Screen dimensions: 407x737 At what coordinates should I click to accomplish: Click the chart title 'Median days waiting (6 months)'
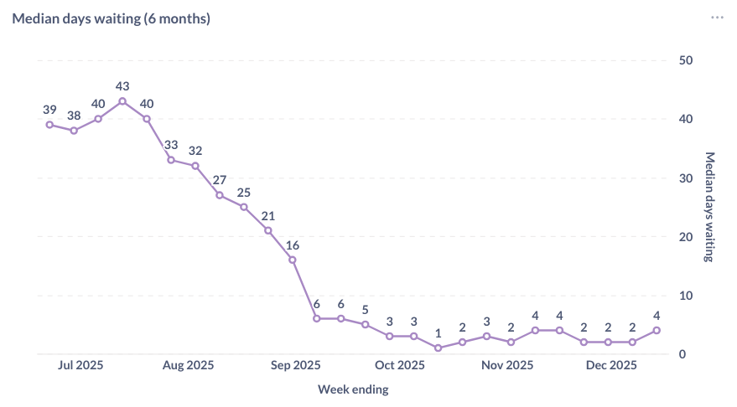(x=111, y=18)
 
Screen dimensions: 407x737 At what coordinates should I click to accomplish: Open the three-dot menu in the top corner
(x=717, y=18)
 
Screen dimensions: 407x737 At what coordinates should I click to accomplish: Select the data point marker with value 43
(x=122, y=101)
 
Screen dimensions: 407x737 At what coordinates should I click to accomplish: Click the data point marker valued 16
(x=293, y=260)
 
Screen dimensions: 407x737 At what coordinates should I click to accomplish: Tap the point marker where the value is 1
(x=438, y=348)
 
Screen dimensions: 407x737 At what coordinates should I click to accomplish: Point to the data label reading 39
(x=49, y=110)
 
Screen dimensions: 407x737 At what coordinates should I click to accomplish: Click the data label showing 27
(x=220, y=180)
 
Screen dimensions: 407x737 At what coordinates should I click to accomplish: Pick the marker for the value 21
(x=268, y=230)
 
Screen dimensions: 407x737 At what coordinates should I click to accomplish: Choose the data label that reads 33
(x=171, y=145)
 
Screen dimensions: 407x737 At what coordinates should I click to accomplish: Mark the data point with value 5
(x=366, y=324)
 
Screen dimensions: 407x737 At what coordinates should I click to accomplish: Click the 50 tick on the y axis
(x=686, y=60)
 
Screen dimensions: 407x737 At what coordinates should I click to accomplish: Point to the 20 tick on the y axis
(x=686, y=237)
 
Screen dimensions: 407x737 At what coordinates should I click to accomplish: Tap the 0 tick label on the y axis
(x=683, y=354)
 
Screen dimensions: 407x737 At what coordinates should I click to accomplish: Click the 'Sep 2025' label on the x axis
(x=295, y=365)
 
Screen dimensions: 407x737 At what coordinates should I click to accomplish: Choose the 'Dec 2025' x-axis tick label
(x=611, y=365)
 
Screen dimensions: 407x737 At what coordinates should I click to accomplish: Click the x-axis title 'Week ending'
(x=353, y=389)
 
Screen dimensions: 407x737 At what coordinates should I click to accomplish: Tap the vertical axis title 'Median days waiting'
(x=708, y=207)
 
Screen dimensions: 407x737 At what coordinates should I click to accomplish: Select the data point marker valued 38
(x=74, y=131)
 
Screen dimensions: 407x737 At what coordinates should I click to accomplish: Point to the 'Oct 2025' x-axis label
(x=399, y=365)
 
